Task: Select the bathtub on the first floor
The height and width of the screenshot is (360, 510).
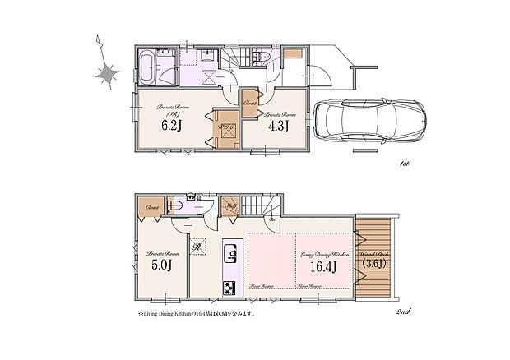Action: pos(146,67)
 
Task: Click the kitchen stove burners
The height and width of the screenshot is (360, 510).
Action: pos(229,287)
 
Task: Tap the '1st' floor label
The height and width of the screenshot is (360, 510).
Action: pos(403,164)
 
